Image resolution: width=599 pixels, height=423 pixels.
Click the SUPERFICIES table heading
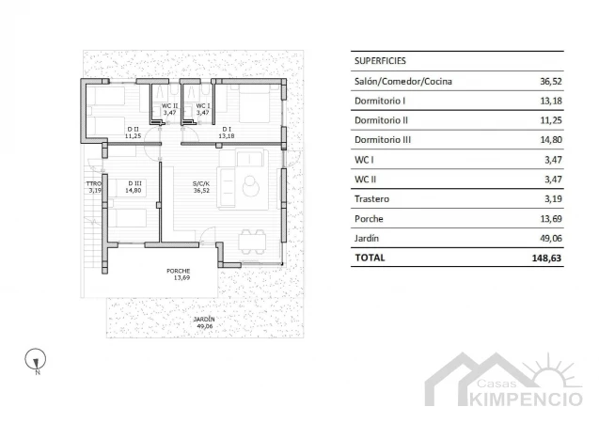(x=380, y=61)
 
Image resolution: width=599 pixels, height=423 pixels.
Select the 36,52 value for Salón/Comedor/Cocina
(x=551, y=82)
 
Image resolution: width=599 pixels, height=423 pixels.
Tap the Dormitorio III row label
(x=383, y=140)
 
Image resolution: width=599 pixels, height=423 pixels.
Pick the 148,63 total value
(x=546, y=258)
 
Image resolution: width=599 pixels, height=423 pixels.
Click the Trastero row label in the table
(x=371, y=199)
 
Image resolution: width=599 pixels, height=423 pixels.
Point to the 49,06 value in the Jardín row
(x=551, y=238)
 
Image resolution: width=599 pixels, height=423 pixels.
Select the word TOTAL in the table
(x=370, y=258)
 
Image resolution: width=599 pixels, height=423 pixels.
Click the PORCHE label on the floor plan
(x=178, y=271)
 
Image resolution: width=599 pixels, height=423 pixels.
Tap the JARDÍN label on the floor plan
(x=204, y=320)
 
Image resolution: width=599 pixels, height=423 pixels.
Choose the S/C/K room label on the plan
(x=201, y=183)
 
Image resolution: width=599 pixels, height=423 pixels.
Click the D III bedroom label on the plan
(x=134, y=183)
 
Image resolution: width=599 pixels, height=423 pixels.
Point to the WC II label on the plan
(x=169, y=105)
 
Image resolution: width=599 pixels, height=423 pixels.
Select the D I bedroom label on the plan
(x=227, y=130)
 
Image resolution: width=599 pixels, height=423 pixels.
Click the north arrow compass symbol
(x=36, y=360)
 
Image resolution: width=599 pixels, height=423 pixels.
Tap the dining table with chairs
(x=253, y=242)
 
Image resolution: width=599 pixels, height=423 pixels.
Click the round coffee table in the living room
(x=250, y=187)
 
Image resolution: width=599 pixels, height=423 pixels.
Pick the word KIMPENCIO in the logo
(x=526, y=399)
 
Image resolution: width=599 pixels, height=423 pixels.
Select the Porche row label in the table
(x=369, y=219)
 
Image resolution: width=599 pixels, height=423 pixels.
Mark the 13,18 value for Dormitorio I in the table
(x=551, y=101)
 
